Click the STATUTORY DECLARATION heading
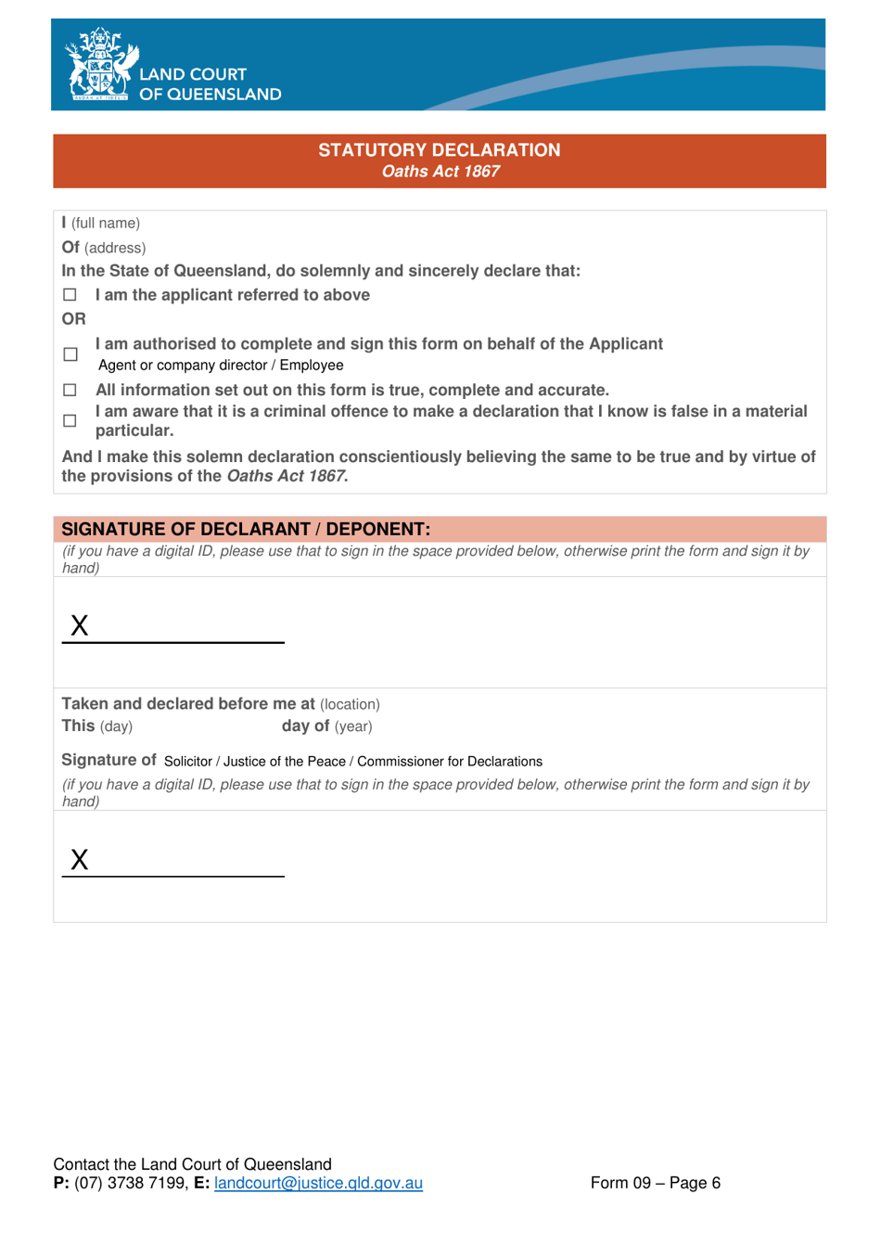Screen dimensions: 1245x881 (x=439, y=150)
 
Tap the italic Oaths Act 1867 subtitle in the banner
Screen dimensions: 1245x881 (x=440, y=172)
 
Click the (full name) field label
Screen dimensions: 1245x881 (x=106, y=224)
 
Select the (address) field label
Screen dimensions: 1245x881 (x=115, y=249)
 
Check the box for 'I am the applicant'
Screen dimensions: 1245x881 (x=70, y=295)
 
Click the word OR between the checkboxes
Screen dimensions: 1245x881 (x=73, y=319)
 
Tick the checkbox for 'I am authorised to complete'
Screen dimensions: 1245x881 (x=70, y=354)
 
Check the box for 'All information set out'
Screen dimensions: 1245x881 (x=70, y=391)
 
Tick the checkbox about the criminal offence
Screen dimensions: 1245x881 (x=70, y=421)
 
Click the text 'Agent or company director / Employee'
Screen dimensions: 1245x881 (x=221, y=366)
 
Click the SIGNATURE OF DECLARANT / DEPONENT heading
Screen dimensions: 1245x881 (x=246, y=530)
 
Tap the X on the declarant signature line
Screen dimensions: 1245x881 (x=80, y=626)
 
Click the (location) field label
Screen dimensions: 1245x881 (x=350, y=705)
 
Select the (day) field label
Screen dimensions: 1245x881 (x=116, y=727)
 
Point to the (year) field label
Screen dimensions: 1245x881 (x=353, y=727)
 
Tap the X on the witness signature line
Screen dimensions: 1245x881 (x=80, y=860)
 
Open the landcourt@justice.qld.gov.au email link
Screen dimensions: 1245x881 (x=318, y=1184)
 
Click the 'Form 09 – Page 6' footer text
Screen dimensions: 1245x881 (x=655, y=1184)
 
